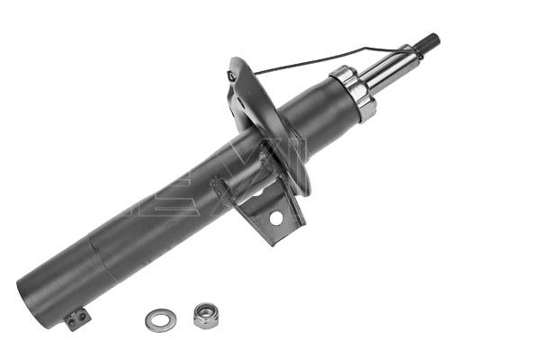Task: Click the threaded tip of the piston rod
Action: tap(429, 41)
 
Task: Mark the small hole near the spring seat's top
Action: tap(234, 76)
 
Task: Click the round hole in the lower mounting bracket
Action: tap(275, 217)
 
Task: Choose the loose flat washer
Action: tap(158, 318)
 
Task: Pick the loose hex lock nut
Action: tap(206, 314)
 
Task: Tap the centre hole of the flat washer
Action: tap(158, 318)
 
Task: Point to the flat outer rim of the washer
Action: tap(148, 319)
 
